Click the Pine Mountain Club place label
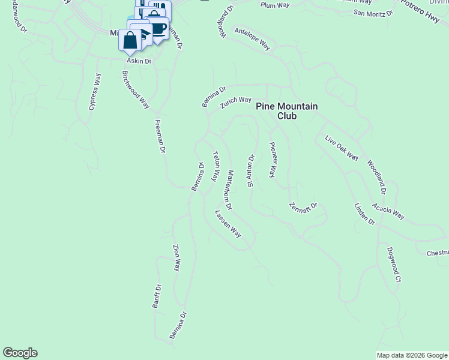[x=286, y=111]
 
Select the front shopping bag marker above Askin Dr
[x=130, y=41]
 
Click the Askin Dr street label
[x=139, y=61]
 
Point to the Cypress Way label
[x=95, y=92]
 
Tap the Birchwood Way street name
[x=136, y=89]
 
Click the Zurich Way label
[x=235, y=103]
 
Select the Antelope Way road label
[x=252, y=39]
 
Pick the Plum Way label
[x=274, y=5]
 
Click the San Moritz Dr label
[x=373, y=13]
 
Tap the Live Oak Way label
[x=342, y=149]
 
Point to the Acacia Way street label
[x=388, y=212]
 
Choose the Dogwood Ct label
[x=394, y=264]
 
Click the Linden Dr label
[x=364, y=214]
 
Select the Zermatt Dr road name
[x=304, y=207]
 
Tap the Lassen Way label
[x=228, y=224]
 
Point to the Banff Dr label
[x=156, y=296]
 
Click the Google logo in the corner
[x=20, y=353]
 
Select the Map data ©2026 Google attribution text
[x=412, y=355]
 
